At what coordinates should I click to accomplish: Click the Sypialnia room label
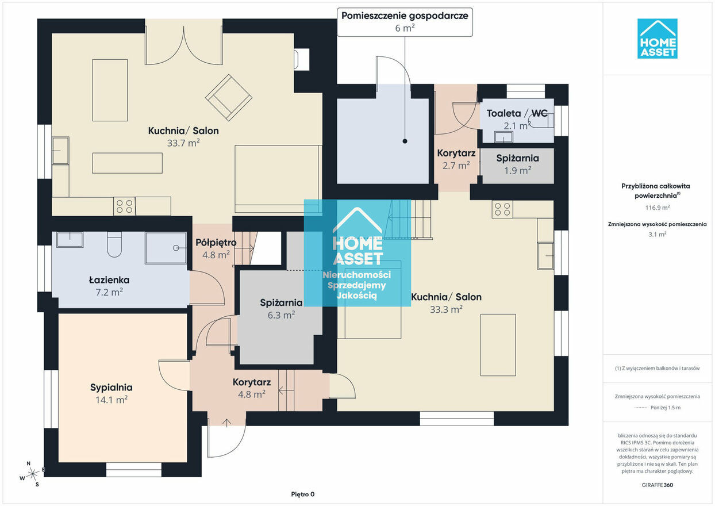coord(111,387)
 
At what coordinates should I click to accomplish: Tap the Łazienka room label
coord(109,280)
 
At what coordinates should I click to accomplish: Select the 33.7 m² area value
coord(183,143)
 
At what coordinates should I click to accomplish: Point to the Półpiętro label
coord(216,243)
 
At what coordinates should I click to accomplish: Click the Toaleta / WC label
coord(517,113)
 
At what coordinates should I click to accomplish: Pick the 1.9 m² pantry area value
coord(517,170)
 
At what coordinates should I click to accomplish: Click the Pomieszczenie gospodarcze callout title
coord(405,16)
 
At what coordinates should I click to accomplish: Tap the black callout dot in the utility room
coord(405,141)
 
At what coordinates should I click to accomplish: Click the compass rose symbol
coord(32,474)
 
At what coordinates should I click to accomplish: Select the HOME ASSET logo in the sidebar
coord(657,39)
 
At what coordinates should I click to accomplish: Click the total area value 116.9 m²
coord(657,208)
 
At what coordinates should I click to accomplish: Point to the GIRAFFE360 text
coord(657,485)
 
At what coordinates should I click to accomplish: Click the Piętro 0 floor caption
coord(302,494)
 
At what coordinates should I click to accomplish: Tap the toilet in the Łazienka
coord(114,244)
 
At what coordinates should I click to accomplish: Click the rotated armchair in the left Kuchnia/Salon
coord(229,98)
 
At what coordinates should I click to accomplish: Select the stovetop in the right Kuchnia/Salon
coord(502,209)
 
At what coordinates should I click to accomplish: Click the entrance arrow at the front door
coord(226,423)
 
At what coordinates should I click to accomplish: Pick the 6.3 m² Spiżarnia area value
coord(281,315)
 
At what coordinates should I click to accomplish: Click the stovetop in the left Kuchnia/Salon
coord(125,206)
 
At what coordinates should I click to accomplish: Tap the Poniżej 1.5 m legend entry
coord(658,407)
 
